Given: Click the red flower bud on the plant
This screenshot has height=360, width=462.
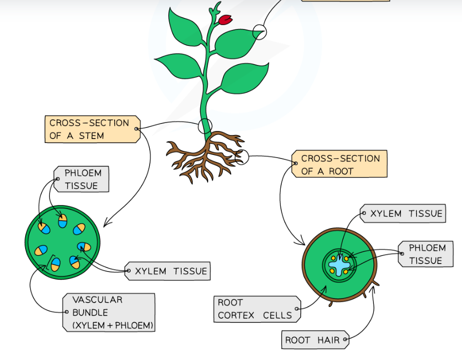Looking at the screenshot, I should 225,19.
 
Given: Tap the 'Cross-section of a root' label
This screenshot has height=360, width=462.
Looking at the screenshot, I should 340,164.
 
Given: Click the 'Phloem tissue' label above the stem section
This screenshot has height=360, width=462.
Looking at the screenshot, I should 83,179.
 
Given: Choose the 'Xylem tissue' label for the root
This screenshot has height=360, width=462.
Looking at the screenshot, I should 404,213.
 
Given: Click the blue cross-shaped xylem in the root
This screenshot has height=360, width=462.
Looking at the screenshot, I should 341,263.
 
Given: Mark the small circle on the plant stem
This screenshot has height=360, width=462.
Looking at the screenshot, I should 205,125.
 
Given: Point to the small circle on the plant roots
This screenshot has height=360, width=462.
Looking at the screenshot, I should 242,156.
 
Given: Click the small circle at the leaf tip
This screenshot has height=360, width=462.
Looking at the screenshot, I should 259,31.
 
